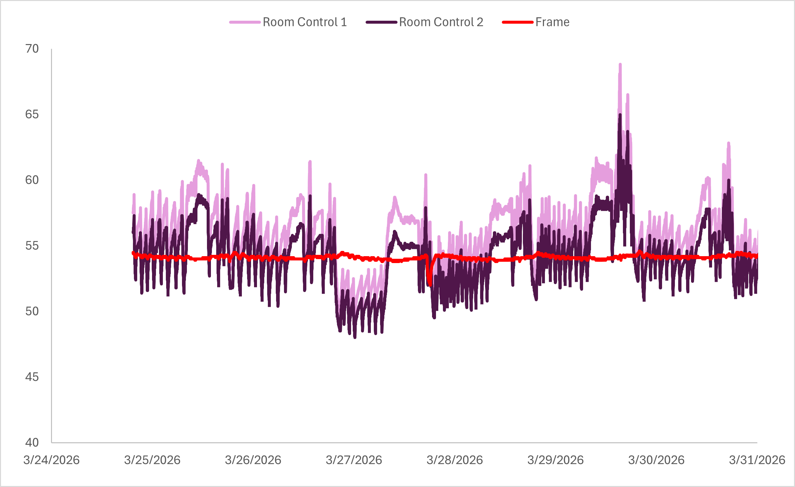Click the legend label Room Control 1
[305, 22]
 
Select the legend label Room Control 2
[441, 22]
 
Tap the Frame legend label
[552, 22]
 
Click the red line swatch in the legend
[518, 22]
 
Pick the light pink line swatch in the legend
[245, 22]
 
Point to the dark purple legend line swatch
[381, 22]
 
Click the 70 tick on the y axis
[32, 49]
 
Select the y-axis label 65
[32, 114]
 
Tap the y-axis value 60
[32, 180]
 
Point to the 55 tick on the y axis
[32, 246]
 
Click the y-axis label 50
[32, 311]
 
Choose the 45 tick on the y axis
[32, 377]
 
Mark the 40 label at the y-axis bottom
[32, 443]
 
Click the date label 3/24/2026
[51, 460]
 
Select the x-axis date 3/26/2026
[253, 460]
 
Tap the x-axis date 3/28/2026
[455, 460]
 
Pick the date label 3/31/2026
[757, 460]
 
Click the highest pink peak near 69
[620, 65]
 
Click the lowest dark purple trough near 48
[355, 337]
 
